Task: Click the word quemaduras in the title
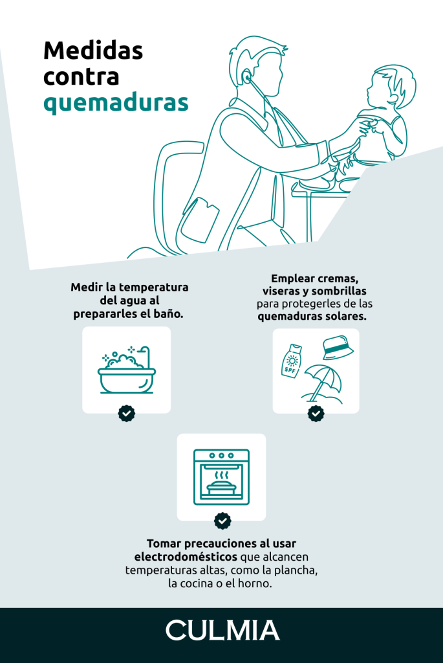[x=116, y=103]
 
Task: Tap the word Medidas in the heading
[x=93, y=50]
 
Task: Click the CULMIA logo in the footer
[x=222, y=630]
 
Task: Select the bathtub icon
[x=127, y=370]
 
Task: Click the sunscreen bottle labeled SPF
[x=292, y=361]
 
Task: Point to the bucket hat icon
[x=336, y=348]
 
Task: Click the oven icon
[x=221, y=477]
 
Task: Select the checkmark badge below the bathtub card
[x=127, y=413]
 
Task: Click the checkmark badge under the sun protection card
[x=316, y=413]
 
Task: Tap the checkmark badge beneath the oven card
[x=222, y=521]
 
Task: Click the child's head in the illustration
[x=386, y=87]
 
